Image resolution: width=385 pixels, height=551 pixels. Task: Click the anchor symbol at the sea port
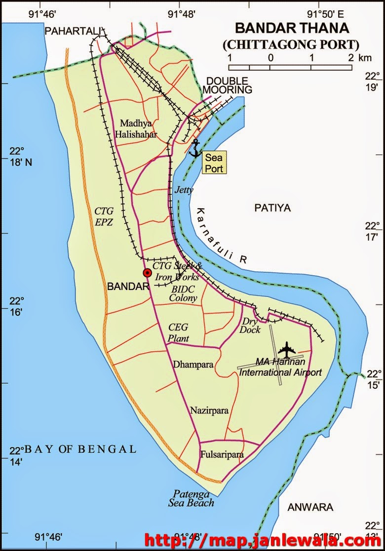click(195, 148)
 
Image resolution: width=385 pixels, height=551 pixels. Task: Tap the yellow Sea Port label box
click(214, 163)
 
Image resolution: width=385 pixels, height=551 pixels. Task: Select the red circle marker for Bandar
click(147, 272)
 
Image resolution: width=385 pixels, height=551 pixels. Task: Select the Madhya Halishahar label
click(137, 129)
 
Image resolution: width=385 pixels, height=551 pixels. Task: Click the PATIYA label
click(272, 208)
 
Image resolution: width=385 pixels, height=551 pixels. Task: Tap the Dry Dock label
click(251, 326)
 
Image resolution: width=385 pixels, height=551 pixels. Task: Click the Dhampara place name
click(193, 365)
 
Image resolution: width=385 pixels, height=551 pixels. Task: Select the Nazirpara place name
click(209, 410)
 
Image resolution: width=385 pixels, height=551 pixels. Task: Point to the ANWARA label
click(310, 507)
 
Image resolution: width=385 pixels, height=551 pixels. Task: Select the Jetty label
click(184, 189)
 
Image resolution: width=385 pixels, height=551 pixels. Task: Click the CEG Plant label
click(178, 332)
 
